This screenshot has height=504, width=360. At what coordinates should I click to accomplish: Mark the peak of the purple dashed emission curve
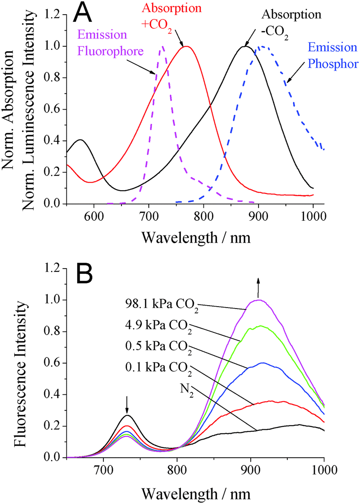[x=162, y=47]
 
